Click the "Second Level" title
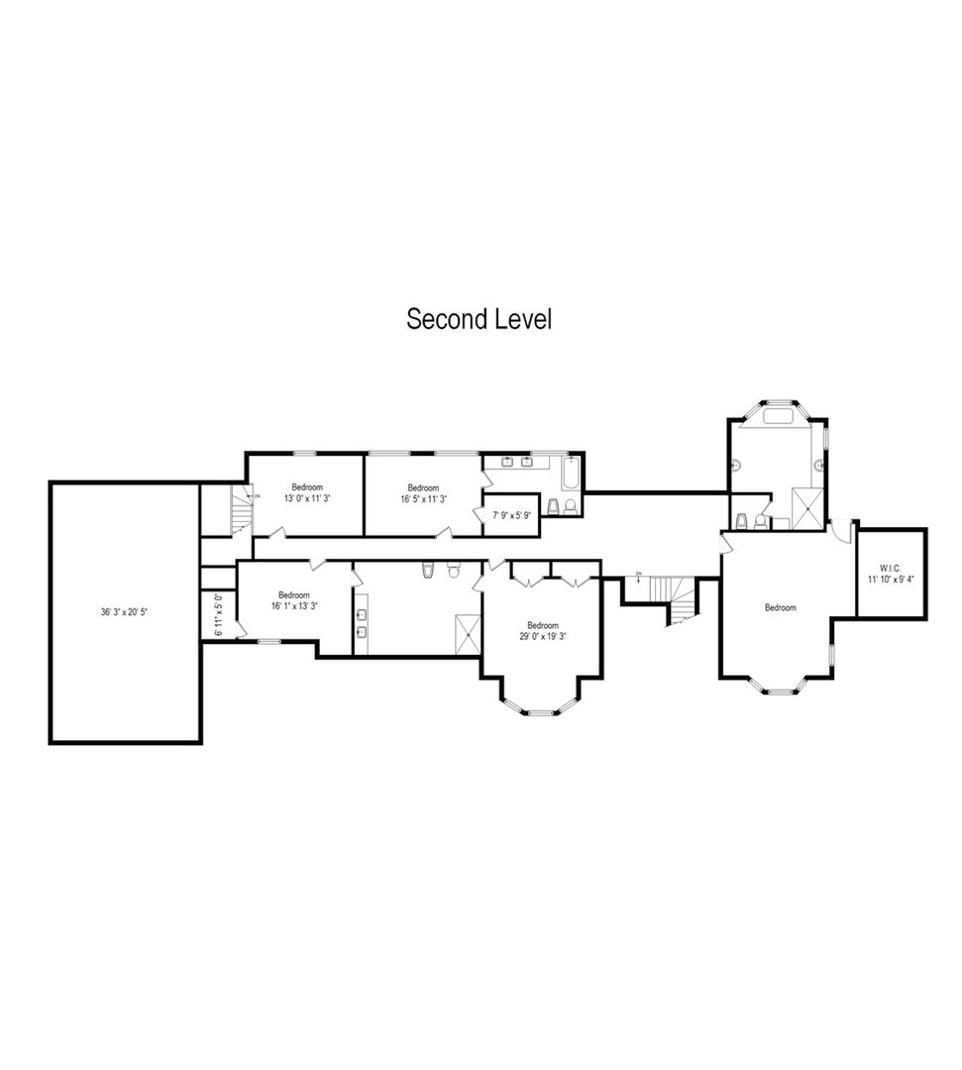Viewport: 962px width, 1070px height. (x=479, y=320)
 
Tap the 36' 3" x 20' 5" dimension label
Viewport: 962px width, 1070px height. (x=125, y=611)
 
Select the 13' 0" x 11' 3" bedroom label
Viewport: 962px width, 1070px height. (x=306, y=492)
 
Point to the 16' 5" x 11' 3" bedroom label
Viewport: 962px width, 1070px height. (x=423, y=492)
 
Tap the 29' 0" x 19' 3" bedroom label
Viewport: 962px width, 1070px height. (x=542, y=631)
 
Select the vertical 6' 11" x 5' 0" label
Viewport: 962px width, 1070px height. (x=218, y=615)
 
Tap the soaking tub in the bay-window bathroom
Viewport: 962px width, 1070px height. (x=777, y=417)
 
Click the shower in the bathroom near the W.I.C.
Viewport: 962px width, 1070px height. (x=807, y=508)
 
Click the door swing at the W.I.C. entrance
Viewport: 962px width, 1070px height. (x=841, y=530)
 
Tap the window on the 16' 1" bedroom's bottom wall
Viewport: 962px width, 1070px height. (x=268, y=641)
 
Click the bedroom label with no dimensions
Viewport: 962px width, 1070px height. (x=780, y=607)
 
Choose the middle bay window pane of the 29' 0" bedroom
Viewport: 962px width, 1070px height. (x=541, y=711)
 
